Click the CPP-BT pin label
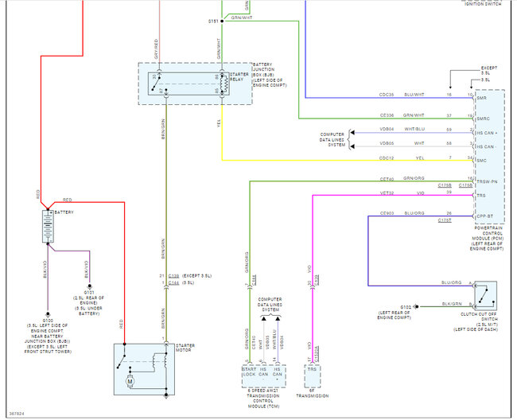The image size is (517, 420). (x=484, y=215)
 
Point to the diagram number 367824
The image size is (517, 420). (x=16, y=413)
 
